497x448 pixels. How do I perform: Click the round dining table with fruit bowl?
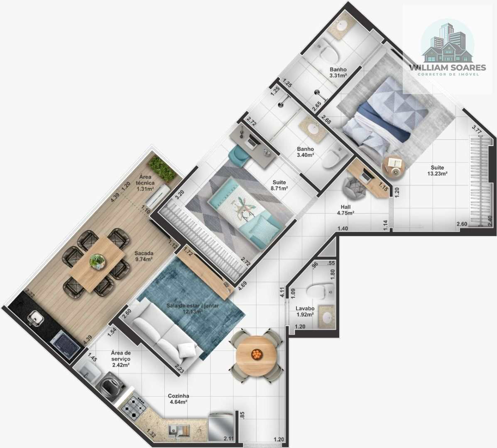click(257, 354)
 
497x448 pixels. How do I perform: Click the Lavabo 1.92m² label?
click(305, 312)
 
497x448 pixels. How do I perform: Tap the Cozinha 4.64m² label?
click(178, 399)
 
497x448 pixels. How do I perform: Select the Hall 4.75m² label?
click(345, 210)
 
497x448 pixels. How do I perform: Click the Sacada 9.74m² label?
click(144, 256)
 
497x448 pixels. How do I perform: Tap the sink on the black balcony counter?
click(36, 318)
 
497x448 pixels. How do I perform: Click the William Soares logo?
click(447, 47)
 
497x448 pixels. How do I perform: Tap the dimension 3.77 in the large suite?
click(477, 129)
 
